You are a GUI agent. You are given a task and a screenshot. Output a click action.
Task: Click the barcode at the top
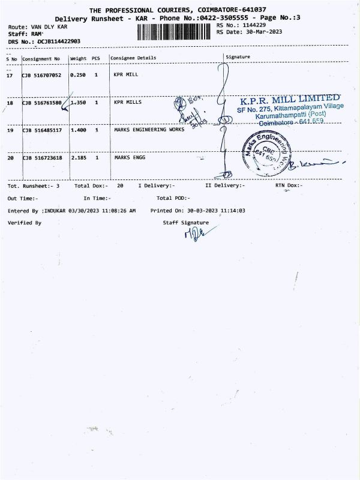[x=176, y=32]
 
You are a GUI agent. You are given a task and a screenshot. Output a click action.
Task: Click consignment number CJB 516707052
[x=41, y=75]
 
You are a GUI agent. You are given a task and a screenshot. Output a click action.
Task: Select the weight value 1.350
[x=79, y=103]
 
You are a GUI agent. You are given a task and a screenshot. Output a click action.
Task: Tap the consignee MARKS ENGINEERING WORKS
[x=149, y=130]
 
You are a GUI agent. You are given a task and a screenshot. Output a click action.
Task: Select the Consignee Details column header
[x=133, y=58]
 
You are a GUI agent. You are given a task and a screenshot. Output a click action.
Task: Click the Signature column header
[x=238, y=57]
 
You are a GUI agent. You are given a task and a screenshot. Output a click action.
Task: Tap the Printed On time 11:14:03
[x=232, y=211]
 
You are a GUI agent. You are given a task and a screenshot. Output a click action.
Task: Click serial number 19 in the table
[x=10, y=130]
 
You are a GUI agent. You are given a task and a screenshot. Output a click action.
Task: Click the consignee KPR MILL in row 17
[x=127, y=75]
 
